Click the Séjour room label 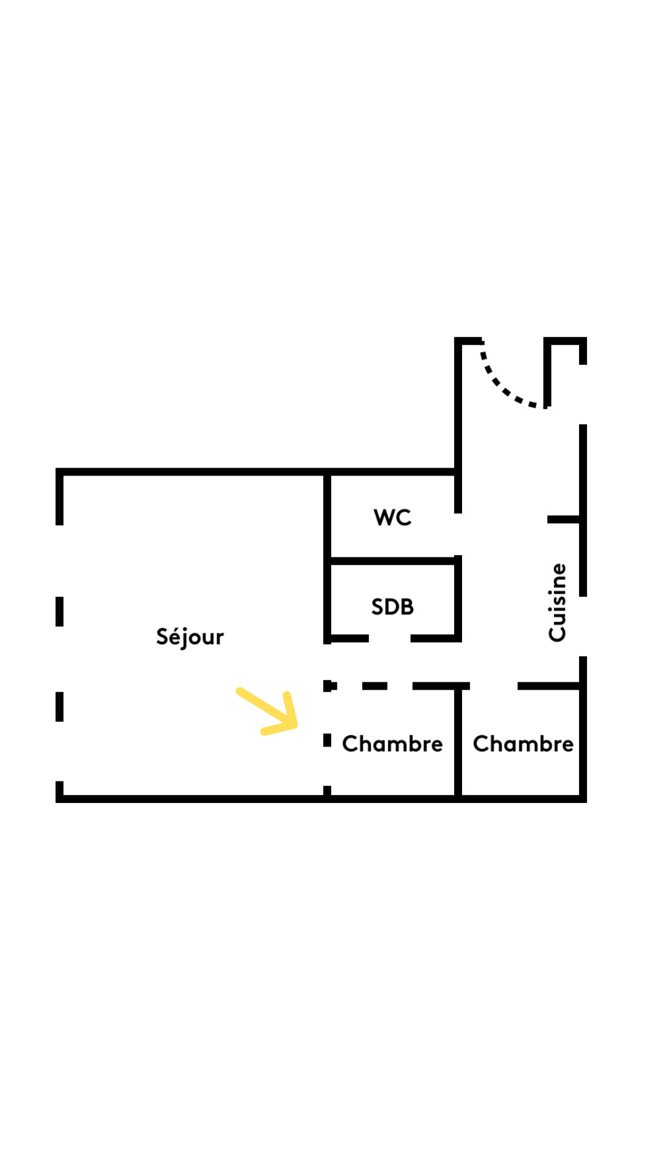pos(190,637)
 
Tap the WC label pos(392,518)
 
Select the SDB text pos(392,607)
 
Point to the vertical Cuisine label pos(558,603)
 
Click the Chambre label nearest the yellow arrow pos(392,744)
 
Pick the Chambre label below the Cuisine pos(523,744)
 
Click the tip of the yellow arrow pos(296,726)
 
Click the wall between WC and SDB pos(392,561)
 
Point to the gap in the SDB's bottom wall pos(389,638)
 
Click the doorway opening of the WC pos(458,534)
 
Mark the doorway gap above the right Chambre pos(493,686)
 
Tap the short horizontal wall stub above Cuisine pos(563,520)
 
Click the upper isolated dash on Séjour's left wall pos(59,611)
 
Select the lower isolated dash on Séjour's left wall pos(59,707)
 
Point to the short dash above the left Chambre pos(375,686)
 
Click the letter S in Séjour pos(163,636)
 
